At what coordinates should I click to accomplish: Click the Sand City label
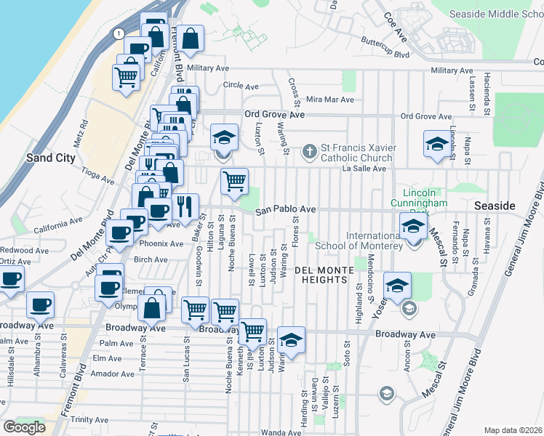pyautogui.click(x=47, y=157)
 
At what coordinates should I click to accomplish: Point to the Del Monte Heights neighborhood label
pyautogui.click(x=324, y=270)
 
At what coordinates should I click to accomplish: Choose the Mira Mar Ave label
pyautogui.click(x=329, y=100)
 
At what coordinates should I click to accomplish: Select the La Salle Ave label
pyautogui.click(x=364, y=169)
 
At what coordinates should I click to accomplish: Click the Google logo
pyautogui.click(x=24, y=427)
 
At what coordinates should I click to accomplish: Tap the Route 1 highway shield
pyautogui.click(x=117, y=33)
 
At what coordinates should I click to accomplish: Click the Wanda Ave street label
pyautogui.click(x=276, y=432)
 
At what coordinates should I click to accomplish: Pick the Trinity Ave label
pyautogui.click(x=90, y=420)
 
